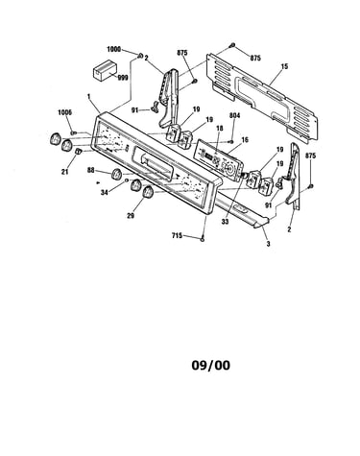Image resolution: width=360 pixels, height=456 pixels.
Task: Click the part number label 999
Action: [x=123, y=78]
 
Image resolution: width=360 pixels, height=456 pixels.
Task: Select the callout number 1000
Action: [x=113, y=50]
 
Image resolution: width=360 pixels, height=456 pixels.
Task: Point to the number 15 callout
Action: [x=284, y=66]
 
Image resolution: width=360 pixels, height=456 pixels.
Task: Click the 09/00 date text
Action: [x=211, y=365]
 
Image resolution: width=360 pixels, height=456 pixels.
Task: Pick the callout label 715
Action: [x=177, y=236]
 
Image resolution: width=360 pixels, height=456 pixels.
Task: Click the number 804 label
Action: [x=234, y=115]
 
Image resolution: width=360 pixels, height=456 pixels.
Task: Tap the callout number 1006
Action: [x=65, y=112]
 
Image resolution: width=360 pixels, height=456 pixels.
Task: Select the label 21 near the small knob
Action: [x=65, y=172]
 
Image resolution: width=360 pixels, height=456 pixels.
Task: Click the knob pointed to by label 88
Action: [x=116, y=174]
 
